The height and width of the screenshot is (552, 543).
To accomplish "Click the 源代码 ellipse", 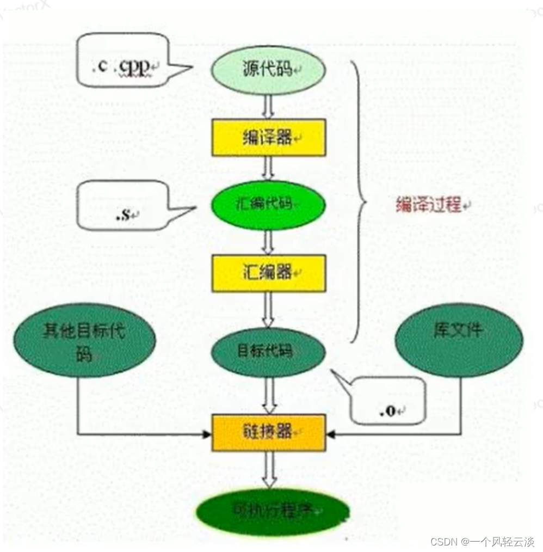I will pos(268,69).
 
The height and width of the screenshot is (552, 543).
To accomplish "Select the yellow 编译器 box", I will pos(268,138).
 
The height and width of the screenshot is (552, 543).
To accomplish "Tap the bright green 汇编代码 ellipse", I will pos(268,204).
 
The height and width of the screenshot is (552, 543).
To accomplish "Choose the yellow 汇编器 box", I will pos(268,272).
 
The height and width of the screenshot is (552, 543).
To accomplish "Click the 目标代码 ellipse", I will pos(268,352).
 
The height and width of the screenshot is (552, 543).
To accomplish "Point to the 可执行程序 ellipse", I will pos(272,512).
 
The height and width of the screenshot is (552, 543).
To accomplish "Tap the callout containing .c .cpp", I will pos(122,60).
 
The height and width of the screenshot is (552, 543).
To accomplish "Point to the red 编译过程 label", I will pos(430,206).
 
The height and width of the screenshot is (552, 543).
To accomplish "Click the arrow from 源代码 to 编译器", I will pos(268,107).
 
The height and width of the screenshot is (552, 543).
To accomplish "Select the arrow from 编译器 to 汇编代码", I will pos(268,168).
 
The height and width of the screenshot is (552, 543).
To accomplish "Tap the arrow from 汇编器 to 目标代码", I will pos(268,309).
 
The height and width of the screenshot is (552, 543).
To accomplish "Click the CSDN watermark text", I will pos(482,542).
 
